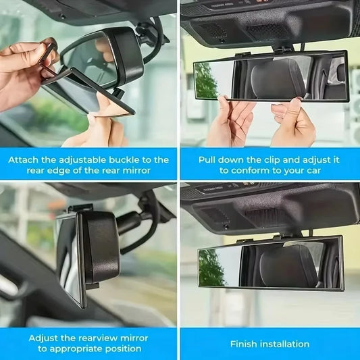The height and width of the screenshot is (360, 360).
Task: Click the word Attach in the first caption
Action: pos(24,160)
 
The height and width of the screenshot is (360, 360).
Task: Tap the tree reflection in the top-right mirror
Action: pos(206,80)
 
